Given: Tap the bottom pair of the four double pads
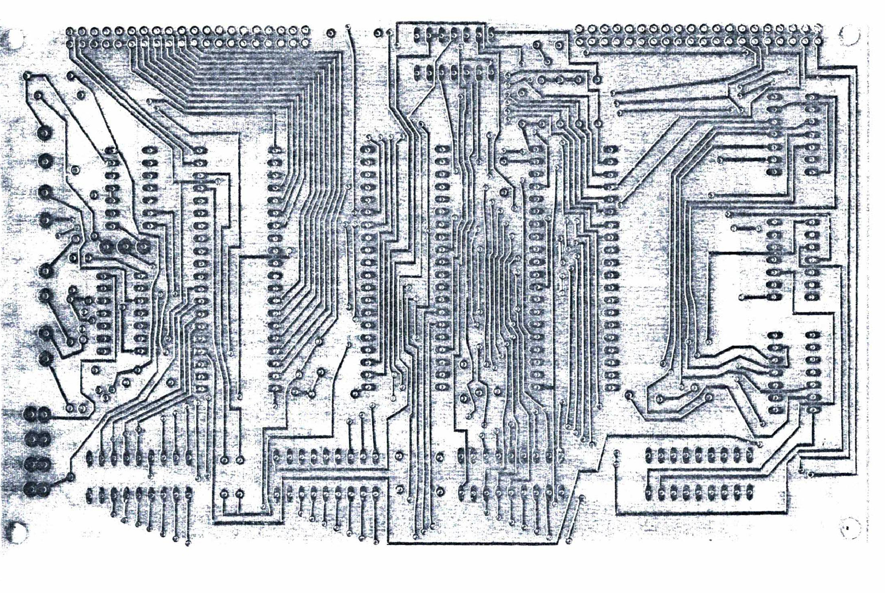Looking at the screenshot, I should coord(38,489).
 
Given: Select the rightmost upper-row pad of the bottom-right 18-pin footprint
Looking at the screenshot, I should coord(749,455).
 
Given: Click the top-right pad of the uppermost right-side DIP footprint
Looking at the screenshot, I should coord(811,98).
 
